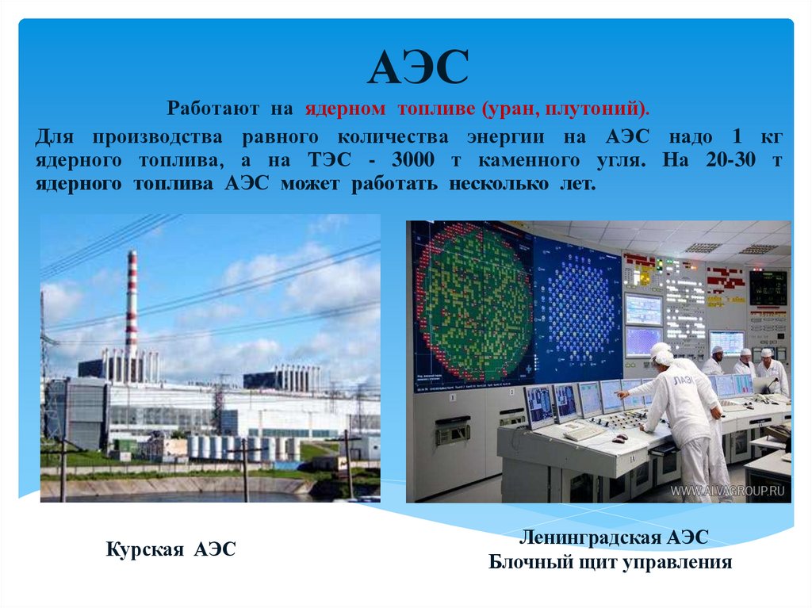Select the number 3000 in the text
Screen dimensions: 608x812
(412, 160)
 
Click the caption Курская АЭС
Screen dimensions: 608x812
(170, 549)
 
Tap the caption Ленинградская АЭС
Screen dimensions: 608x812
(613, 538)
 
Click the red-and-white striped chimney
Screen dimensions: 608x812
(131, 305)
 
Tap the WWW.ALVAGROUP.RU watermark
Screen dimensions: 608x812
(729, 491)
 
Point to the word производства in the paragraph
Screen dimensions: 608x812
(154, 136)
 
